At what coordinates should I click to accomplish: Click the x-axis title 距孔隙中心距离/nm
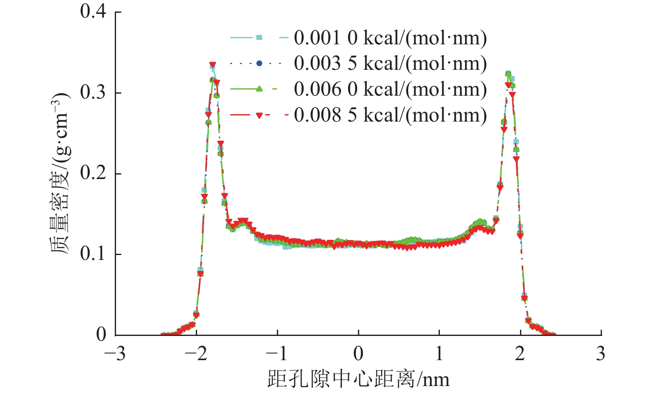pyautogui.click(x=358, y=379)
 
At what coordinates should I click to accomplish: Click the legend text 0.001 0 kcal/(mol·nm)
pyautogui.click(x=390, y=38)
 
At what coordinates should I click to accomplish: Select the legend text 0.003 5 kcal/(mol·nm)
pyautogui.click(x=390, y=63)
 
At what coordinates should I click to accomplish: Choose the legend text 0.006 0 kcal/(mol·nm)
pyautogui.click(x=390, y=89)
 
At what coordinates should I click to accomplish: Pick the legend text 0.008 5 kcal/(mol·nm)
pyautogui.click(x=390, y=115)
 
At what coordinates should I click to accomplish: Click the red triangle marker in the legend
pyautogui.click(x=259, y=115)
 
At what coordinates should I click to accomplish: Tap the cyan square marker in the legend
pyautogui.click(x=259, y=38)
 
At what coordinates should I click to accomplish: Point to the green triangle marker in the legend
pyautogui.click(x=259, y=89)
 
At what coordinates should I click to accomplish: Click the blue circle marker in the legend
pyautogui.click(x=259, y=63)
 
